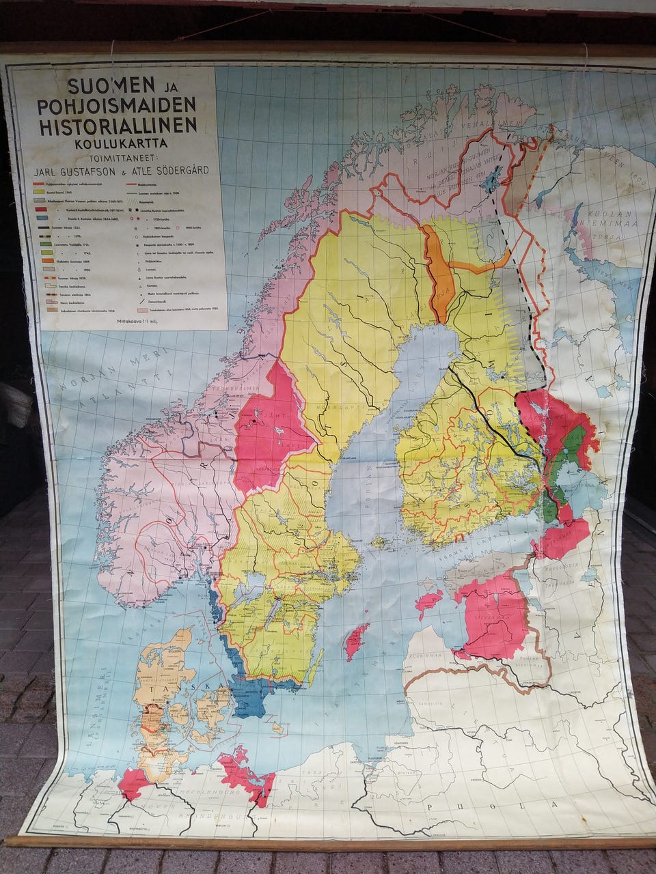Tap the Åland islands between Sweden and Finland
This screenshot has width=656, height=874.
click(x=379, y=544)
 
